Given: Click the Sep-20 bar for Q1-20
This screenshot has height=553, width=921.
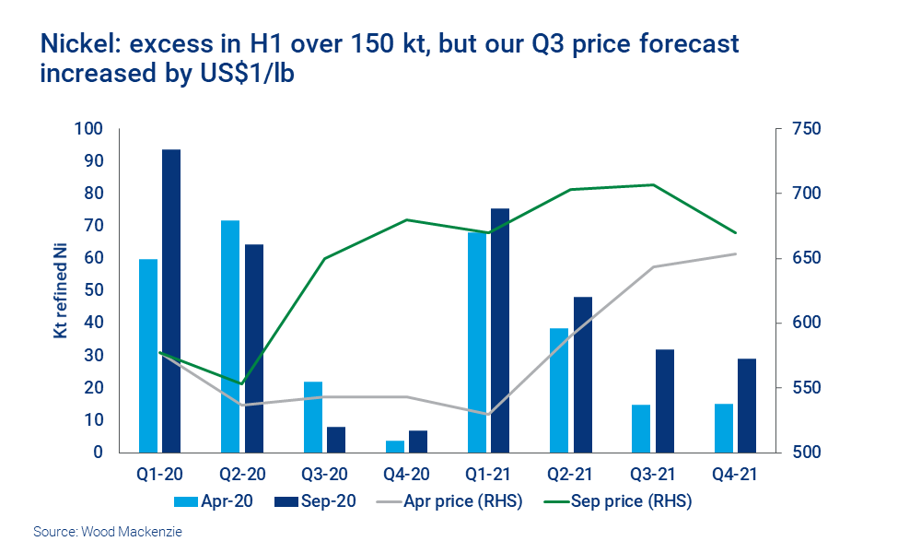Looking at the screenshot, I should tap(171, 300).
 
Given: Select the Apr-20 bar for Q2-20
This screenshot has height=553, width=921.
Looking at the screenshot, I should tap(230, 336).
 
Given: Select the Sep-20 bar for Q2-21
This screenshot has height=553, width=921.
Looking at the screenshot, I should tap(582, 374).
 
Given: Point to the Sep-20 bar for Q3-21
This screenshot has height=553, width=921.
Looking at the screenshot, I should tap(664, 401).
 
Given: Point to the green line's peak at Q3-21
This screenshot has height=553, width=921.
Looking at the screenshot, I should tap(653, 184).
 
